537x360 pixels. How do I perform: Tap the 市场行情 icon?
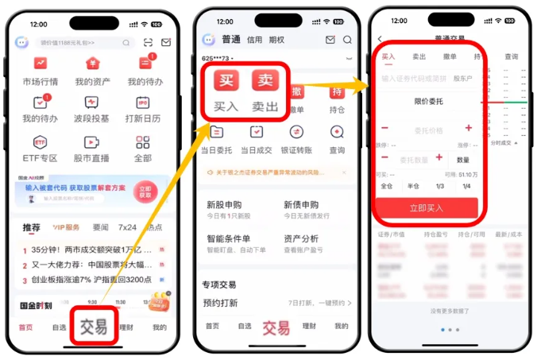41,64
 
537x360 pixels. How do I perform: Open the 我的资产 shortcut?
92,64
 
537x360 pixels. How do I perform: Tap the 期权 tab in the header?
276,40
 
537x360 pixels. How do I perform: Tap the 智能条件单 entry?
228,238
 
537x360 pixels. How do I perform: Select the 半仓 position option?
413,186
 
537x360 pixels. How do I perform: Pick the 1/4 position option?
466,186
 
